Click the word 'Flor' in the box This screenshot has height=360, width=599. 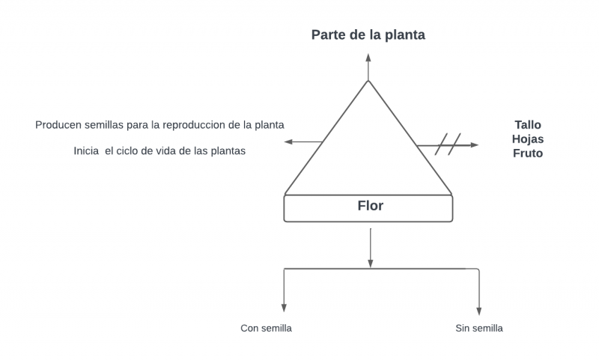tap(370, 205)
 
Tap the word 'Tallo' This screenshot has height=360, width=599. tap(527, 125)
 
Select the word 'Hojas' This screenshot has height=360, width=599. tap(527, 138)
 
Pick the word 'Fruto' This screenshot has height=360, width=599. tap(527, 153)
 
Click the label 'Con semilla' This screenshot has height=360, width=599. tap(266, 328)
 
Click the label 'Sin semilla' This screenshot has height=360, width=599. tap(479, 328)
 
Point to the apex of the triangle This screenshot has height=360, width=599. tap(368, 80)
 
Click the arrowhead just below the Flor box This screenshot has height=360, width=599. tap(371, 263)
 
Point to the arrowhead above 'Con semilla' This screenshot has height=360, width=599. tap(284, 307)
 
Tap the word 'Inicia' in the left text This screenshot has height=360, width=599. tap(86, 151)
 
